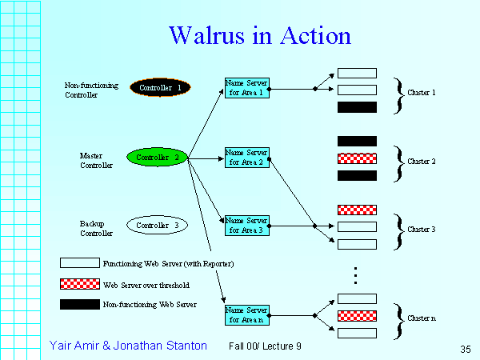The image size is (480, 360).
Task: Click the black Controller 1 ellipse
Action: click(x=160, y=87)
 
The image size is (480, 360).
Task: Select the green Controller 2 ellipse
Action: click(x=157, y=158)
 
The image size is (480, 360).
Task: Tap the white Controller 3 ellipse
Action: click(x=156, y=226)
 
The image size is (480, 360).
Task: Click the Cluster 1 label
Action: click(x=422, y=93)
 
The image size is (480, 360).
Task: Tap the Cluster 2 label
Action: click(x=422, y=162)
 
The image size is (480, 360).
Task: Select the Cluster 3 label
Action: click(x=422, y=230)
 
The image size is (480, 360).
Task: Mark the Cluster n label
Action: click(x=422, y=318)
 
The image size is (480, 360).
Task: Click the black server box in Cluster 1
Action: click(x=357, y=107)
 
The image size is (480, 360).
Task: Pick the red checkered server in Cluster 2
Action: click(x=357, y=158)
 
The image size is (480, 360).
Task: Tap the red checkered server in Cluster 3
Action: click(x=357, y=210)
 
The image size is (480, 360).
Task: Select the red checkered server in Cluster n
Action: click(x=357, y=316)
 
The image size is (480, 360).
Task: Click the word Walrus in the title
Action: click(x=206, y=36)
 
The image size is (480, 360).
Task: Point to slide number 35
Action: click(x=466, y=349)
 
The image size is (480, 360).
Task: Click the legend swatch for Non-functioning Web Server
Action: click(x=79, y=305)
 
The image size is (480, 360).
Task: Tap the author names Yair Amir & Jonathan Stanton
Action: click(x=128, y=346)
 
